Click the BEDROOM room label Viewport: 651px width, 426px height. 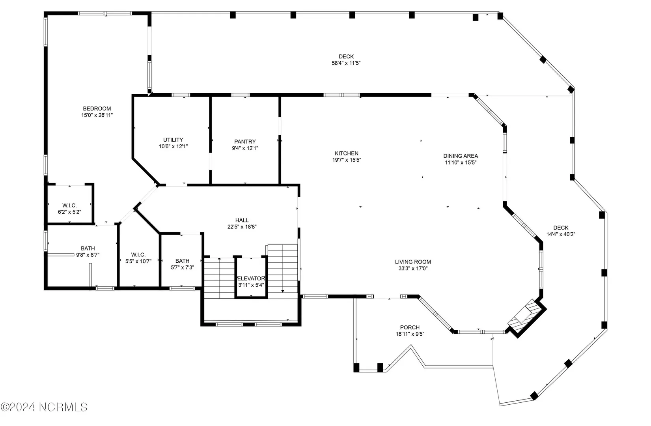click(x=97, y=108)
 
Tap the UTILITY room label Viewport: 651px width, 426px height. click(x=173, y=140)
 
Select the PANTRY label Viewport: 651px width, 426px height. click(x=245, y=142)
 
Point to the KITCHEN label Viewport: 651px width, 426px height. click(x=347, y=153)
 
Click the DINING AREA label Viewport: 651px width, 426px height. click(x=461, y=156)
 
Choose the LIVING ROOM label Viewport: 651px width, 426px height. click(x=413, y=262)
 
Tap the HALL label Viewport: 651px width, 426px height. click(x=242, y=220)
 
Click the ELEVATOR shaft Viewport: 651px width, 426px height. click(x=251, y=278)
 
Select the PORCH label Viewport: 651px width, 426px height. click(x=410, y=327)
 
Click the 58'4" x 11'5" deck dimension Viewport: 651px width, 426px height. click(x=346, y=63)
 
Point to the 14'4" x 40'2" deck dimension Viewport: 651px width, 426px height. click(x=561, y=234)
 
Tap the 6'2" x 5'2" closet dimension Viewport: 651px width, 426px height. click(x=69, y=212)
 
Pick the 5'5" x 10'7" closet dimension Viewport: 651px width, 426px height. click(x=138, y=262)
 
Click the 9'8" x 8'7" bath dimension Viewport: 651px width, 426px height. click(x=88, y=255)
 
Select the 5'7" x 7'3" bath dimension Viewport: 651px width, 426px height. click(x=182, y=267)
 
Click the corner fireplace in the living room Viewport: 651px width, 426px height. click(x=526, y=318)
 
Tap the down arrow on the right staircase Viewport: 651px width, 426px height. click(x=282, y=291)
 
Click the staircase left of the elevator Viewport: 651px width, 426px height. click(x=219, y=278)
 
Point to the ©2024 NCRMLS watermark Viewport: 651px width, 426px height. click(x=44, y=407)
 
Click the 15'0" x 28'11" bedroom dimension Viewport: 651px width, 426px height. click(x=97, y=115)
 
